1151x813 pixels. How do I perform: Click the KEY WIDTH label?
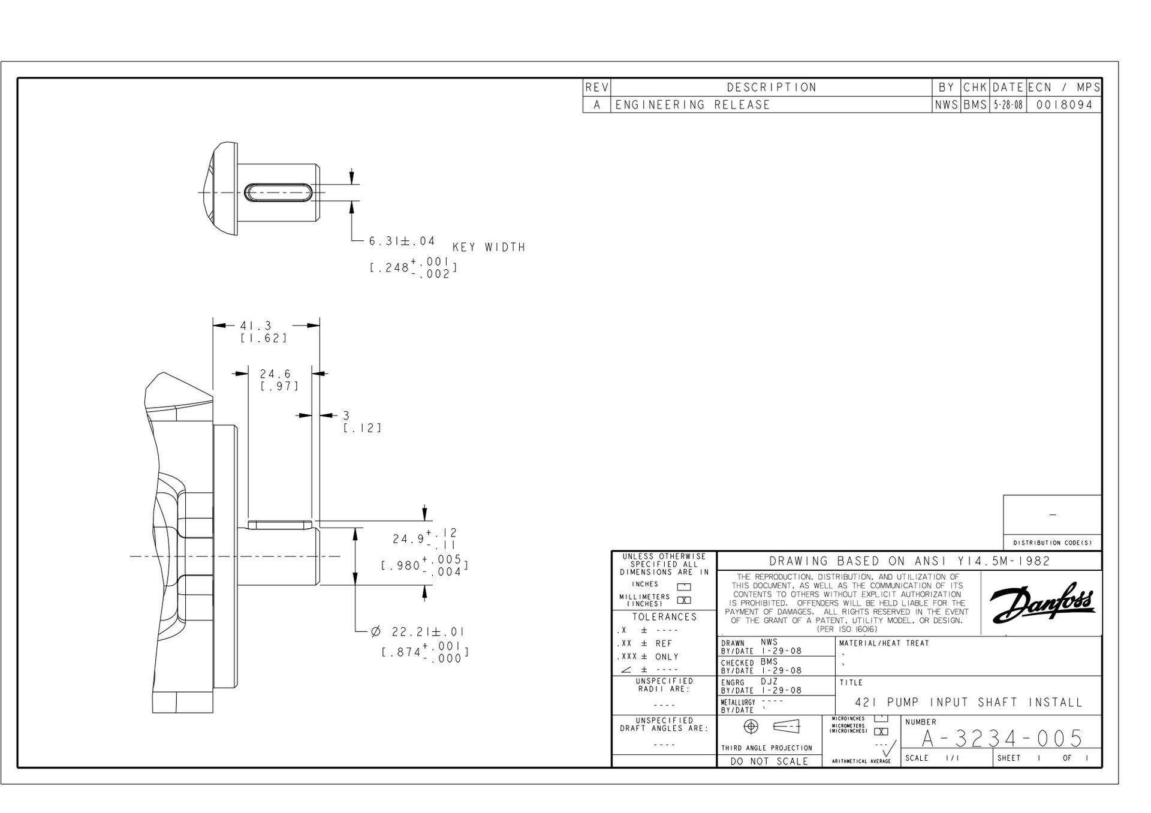pos(489,247)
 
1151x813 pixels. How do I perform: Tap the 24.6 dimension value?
pos(275,374)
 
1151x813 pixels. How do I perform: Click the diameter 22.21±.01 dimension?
pos(417,632)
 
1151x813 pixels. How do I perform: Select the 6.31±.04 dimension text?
pos(402,241)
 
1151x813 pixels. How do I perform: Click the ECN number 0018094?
pos(1064,105)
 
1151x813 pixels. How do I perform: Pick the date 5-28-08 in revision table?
pos(1008,105)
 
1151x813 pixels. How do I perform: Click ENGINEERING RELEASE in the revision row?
pos(692,105)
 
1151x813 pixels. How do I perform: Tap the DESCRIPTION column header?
pos(772,88)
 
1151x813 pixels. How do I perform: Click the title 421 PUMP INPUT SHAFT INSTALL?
pos(969,702)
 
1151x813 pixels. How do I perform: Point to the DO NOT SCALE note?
pos(770,761)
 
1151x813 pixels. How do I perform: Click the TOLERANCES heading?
pos(664,617)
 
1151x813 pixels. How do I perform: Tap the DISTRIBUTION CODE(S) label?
pos(1053,543)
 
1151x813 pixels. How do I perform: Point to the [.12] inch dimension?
pos(362,428)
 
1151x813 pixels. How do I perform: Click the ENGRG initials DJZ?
pos(770,682)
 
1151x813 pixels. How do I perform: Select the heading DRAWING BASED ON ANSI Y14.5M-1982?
pos(909,561)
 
